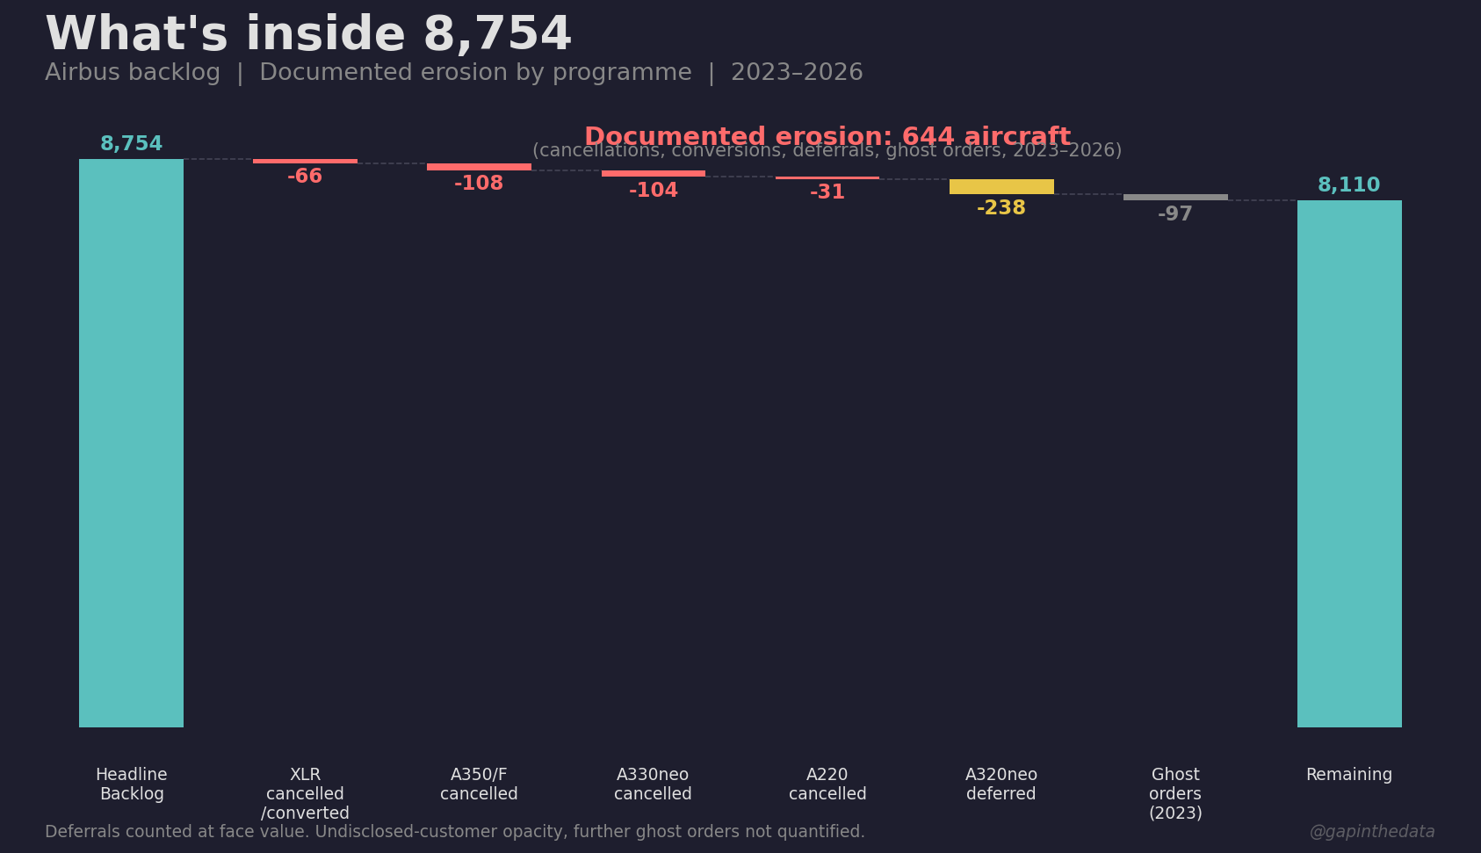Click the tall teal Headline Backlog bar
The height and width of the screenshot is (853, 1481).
(131, 443)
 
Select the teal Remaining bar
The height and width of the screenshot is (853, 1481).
(1349, 463)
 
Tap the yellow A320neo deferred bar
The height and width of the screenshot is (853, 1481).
(1001, 186)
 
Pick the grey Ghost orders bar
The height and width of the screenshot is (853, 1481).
(1175, 197)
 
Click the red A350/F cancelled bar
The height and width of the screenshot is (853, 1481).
(479, 167)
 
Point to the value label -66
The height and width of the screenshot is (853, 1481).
(305, 177)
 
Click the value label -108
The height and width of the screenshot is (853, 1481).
(479, 184)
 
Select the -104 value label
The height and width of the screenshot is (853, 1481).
(653, 191)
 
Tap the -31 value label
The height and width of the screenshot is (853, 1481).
(827, 192)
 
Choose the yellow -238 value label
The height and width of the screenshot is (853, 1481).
(1001, 208)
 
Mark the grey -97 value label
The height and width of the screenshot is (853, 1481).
(1175, 214)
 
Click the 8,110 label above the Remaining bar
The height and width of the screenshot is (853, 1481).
(1349, 185)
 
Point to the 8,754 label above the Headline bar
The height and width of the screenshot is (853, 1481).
(131, 144)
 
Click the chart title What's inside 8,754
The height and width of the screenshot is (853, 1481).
(308, 35)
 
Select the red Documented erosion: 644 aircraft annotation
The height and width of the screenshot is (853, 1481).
(827, 137)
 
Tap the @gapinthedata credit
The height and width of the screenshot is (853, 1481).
(1371, 832)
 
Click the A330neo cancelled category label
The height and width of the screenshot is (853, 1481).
(653, 784)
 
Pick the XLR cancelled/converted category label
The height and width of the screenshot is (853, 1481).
(305, 793)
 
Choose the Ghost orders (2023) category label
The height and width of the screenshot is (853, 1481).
(1175, 793)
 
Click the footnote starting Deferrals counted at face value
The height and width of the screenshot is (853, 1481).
(454, 832)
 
